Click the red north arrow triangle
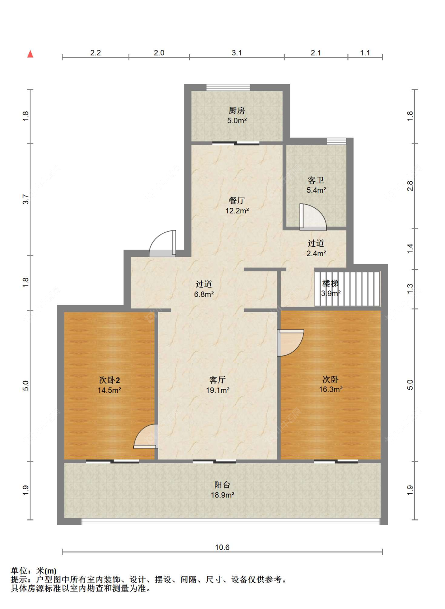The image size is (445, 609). coord(30,54)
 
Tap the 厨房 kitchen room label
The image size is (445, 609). coord(237,111)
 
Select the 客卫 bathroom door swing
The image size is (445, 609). coord(313,217)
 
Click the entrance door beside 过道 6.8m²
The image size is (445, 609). coord(163,243)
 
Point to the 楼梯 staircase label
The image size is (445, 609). coord(330,284)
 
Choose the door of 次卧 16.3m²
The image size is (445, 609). coord(290,343)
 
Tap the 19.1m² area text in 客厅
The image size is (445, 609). coord(218,390)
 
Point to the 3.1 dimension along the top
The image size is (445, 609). coord(237,53)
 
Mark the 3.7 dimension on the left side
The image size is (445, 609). coord(25,199)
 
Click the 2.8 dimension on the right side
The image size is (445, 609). coord(410,186)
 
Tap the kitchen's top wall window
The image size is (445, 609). coord(228,87)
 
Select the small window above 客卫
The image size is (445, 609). coord(336,141)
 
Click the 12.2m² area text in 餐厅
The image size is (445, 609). coord(237,211)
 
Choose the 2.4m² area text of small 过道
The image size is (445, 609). coord(316,253)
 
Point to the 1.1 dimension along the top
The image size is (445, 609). coord(365,53)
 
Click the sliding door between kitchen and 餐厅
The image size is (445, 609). coord(236,143)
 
